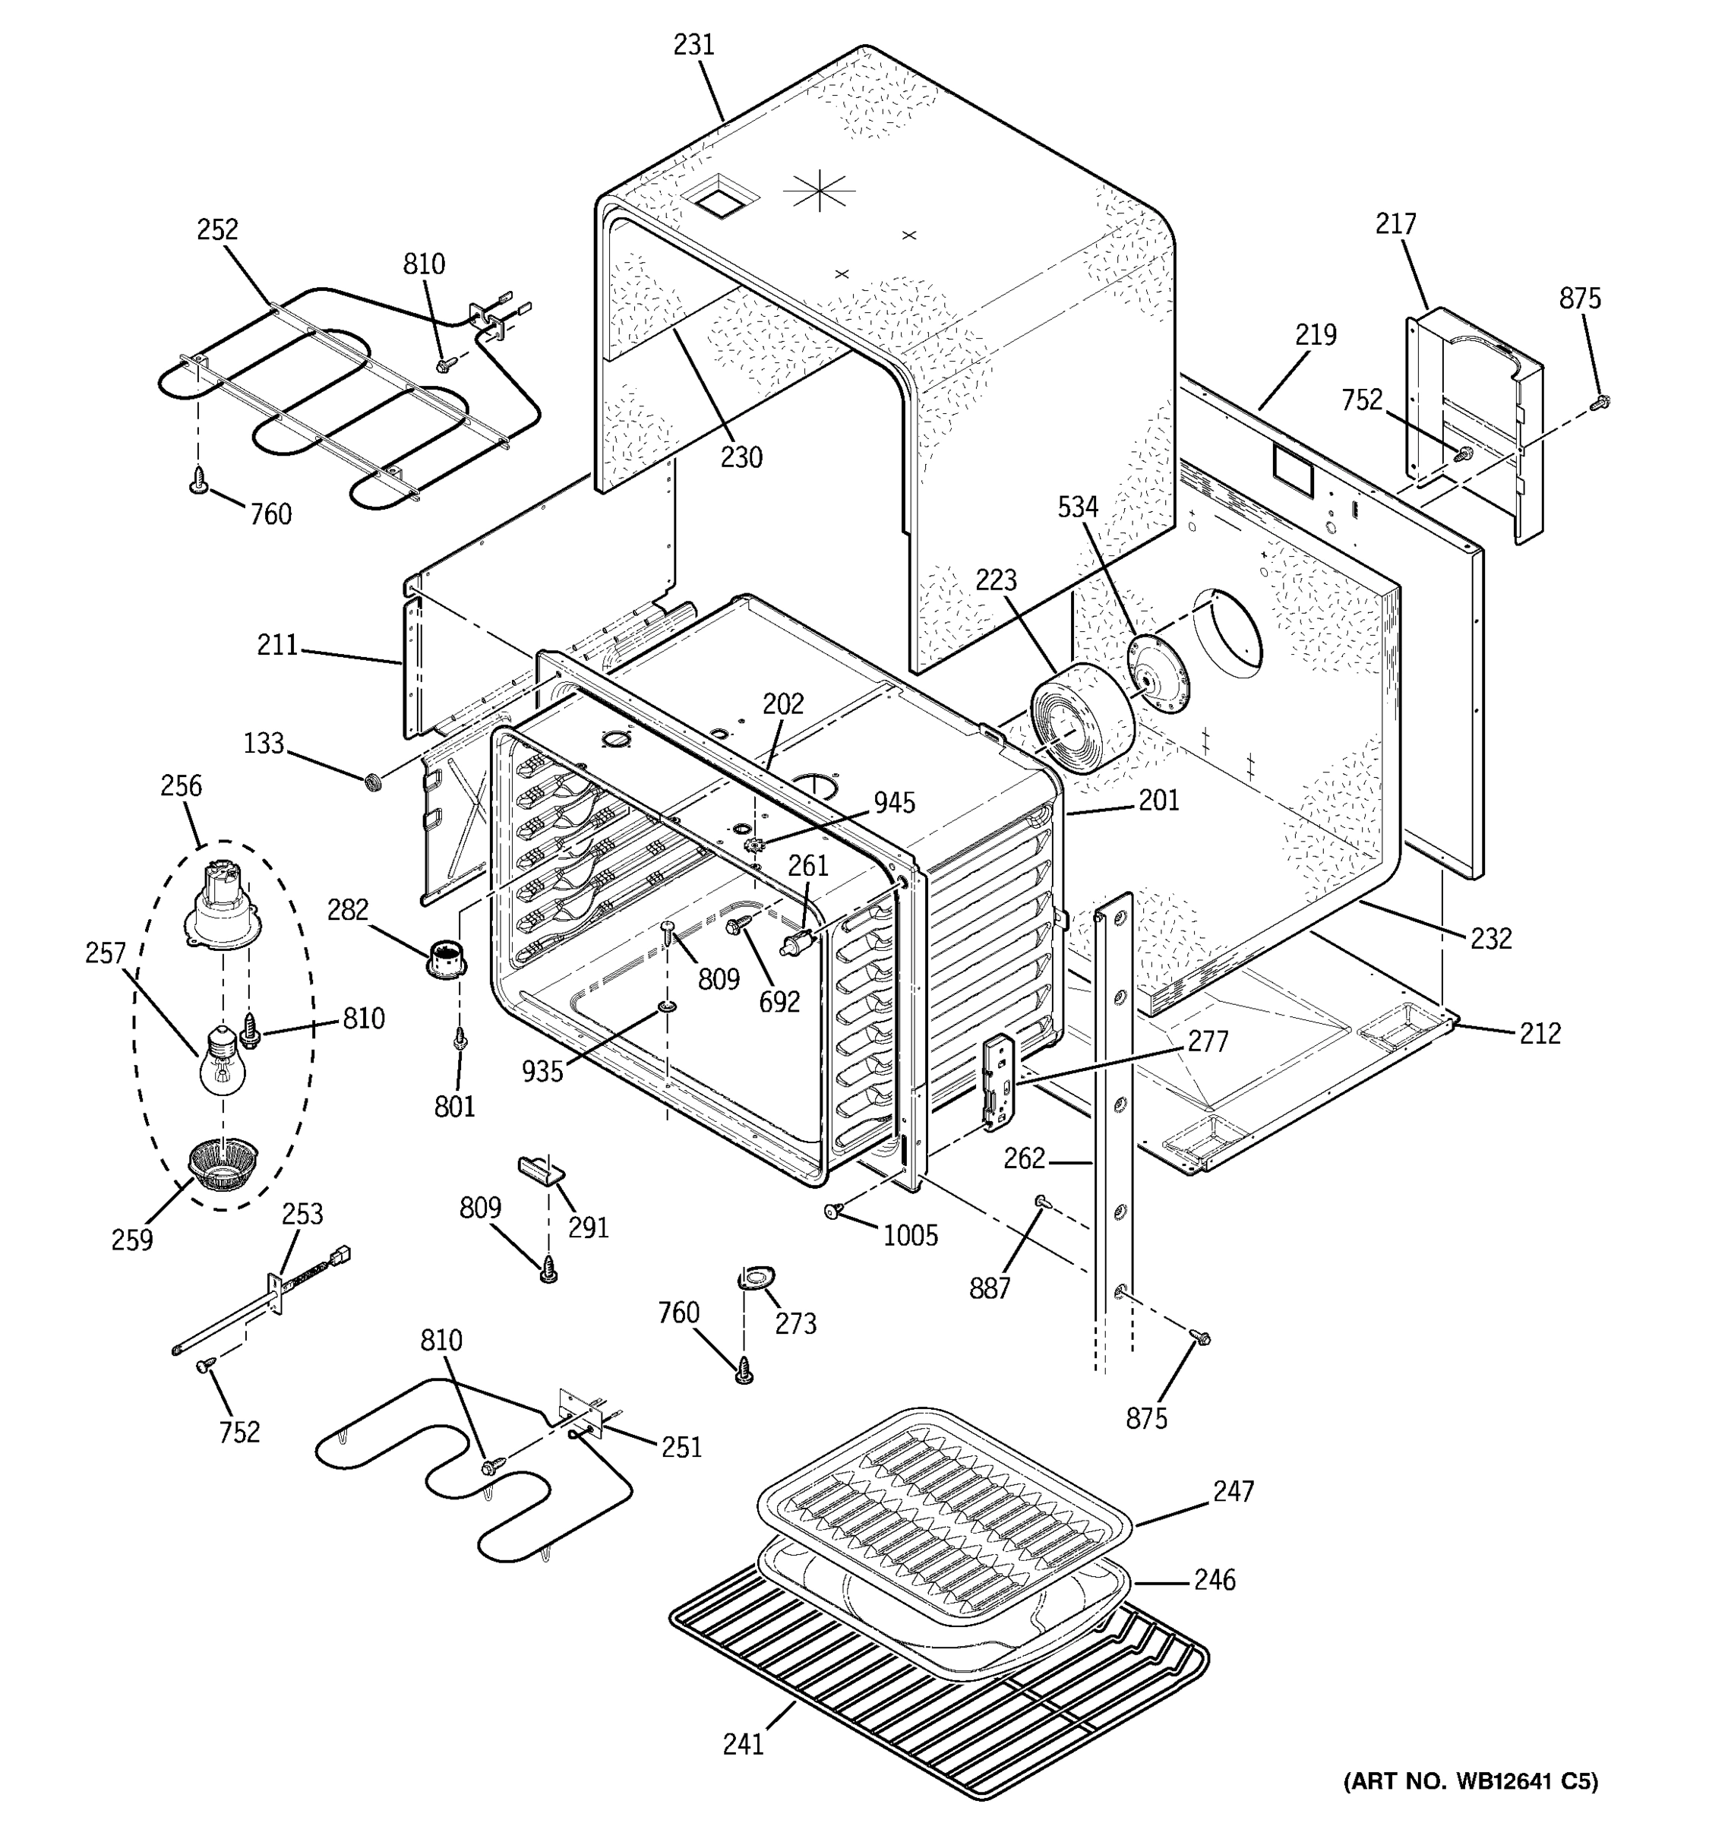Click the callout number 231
(693, 45)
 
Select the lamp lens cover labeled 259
(223, 1164)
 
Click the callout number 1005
(911, 1236)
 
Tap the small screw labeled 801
(461, 1039)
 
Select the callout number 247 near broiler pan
(1234, 1492)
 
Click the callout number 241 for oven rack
(743, 1744)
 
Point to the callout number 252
(217, 229)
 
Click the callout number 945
(893, 802)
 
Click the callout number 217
(1395, 224)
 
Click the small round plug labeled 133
(373, 782)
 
